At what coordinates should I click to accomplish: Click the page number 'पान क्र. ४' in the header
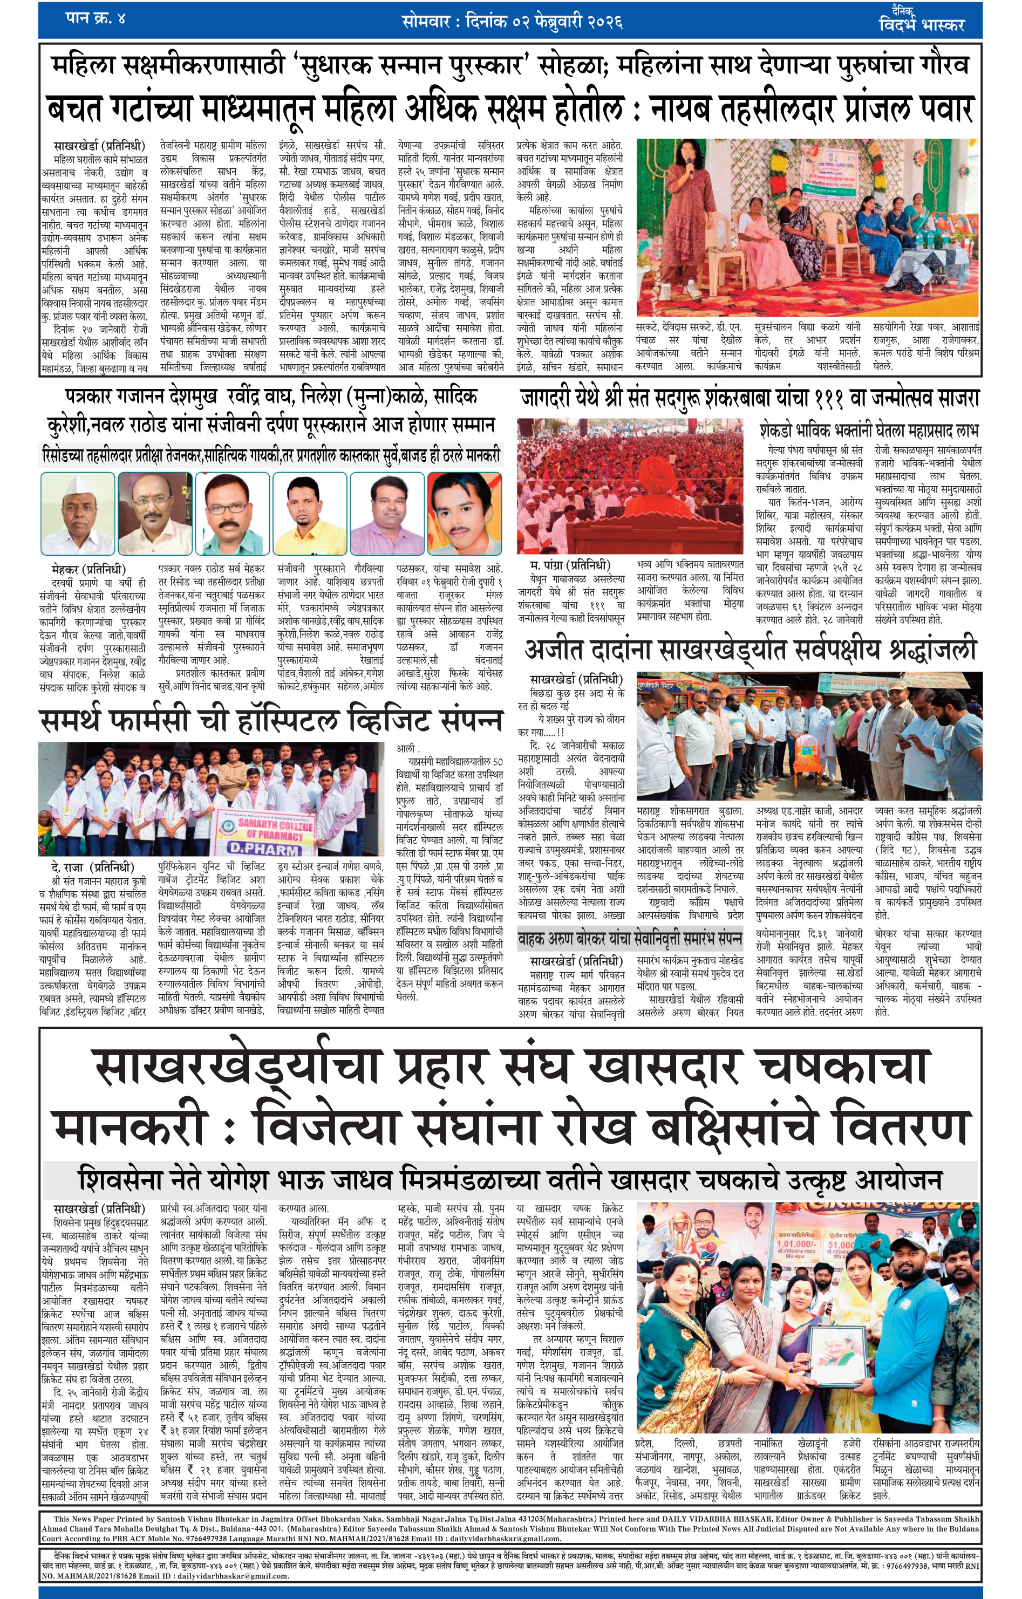coord(96,18)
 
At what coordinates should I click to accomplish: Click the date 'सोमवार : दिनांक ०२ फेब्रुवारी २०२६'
coord(512,21)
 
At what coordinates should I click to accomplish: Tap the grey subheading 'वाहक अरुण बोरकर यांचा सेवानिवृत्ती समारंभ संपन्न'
coord(630,938)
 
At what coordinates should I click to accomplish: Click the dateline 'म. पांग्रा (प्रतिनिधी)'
coord(570,565)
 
